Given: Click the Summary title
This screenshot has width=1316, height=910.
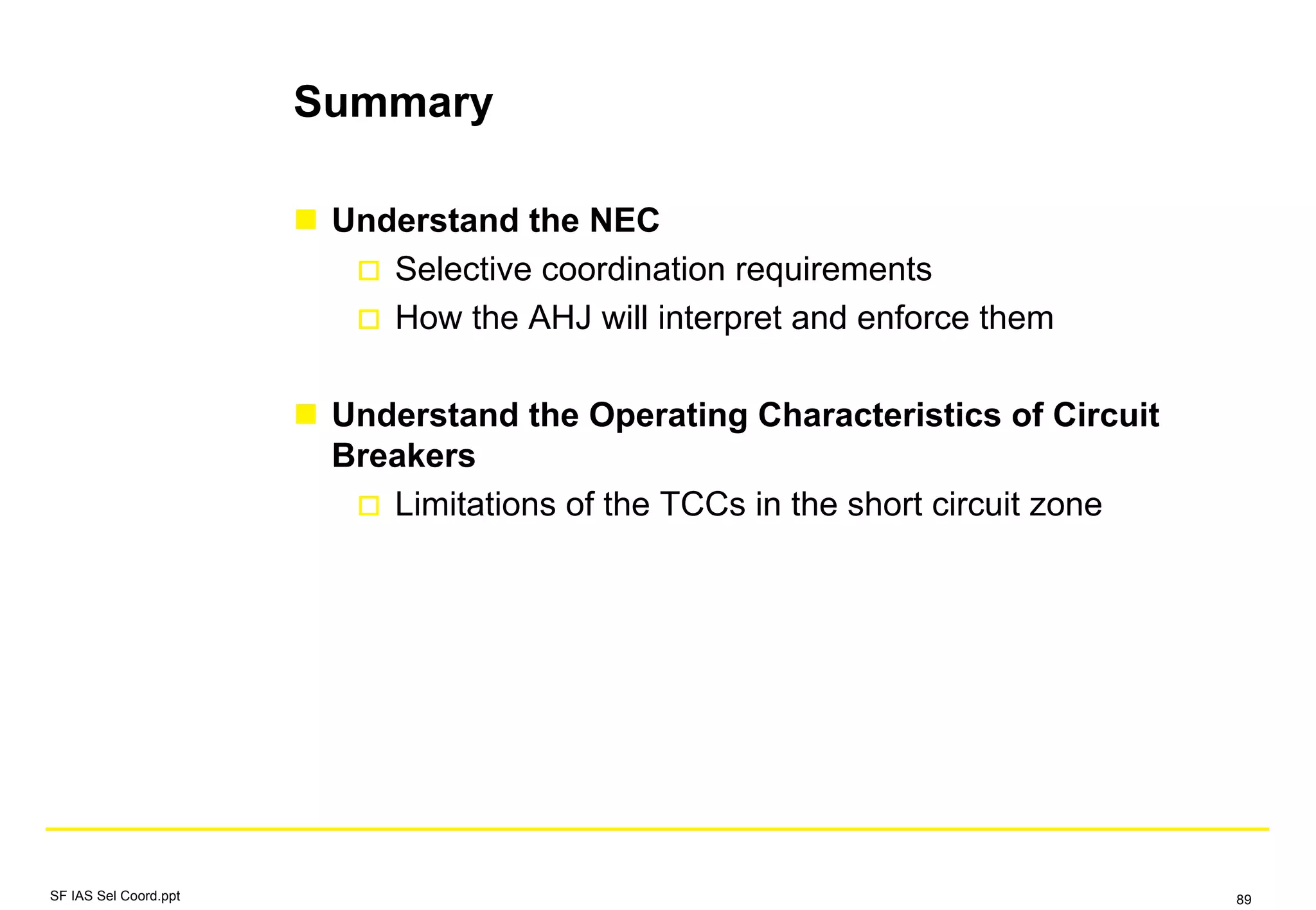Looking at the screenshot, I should click(x=393, y=103).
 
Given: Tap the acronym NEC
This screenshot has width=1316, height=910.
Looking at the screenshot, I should click(x=624, y=220).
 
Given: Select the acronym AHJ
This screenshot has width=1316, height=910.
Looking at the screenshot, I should click(x=559, y=318).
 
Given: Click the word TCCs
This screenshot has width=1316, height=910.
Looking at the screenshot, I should click(x=702, y=504).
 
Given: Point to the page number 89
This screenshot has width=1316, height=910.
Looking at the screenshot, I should click(x=1243, y=900).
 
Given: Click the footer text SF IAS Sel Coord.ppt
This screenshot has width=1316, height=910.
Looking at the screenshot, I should click(x=115, y=896).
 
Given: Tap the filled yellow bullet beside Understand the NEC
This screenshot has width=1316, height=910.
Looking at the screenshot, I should click(x=306, y=220).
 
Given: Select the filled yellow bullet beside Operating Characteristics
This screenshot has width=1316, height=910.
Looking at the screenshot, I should click(x=306, y=415).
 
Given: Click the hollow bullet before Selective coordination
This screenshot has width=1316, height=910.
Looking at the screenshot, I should click(x=369, y=271).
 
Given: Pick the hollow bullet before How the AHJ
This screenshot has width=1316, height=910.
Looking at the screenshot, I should click(x=369, y=319).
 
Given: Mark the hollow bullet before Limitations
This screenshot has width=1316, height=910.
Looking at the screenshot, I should click(x=369, y=506).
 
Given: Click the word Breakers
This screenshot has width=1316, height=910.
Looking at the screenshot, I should click(x=404, y=456).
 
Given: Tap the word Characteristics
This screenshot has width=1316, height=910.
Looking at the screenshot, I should click(x=879, y=415).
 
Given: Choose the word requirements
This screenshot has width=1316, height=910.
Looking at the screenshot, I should click(x=833, y=269).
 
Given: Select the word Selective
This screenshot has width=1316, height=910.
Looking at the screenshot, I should click(x=463, y=269).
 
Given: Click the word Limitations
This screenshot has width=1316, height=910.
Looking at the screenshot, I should click(x=475, y=504).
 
